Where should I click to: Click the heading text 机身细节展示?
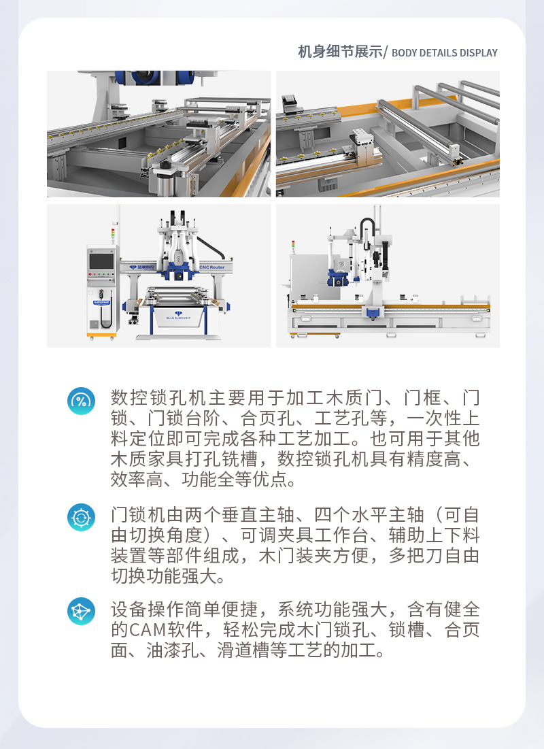pos(340,52)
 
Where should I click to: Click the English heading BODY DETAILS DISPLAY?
pos(445,53)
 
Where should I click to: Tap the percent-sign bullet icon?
pos(81,401)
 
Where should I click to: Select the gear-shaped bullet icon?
pos(81,518)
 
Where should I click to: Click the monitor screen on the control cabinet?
pos(101,261)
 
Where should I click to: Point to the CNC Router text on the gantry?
pos(212,267)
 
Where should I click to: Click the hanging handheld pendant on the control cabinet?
pos(102,310)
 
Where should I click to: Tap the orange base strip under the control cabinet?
pos(102,334)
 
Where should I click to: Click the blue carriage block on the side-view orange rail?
pos(371,313)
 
